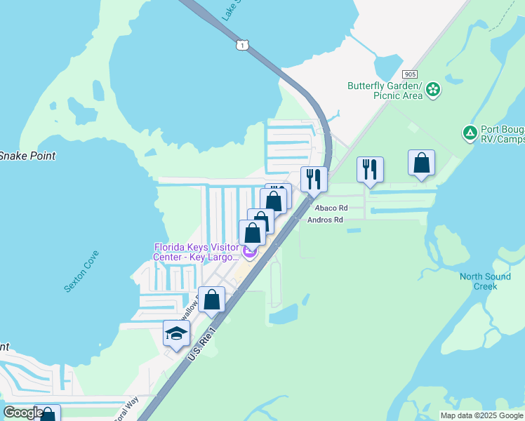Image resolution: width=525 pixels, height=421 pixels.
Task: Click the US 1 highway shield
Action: coord(242,45)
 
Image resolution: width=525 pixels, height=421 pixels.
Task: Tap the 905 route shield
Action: coord(411,74)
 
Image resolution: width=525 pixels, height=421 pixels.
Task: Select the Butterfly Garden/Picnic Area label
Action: coord(385,91)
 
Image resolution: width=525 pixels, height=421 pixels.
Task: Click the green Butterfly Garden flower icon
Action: coord(434,89)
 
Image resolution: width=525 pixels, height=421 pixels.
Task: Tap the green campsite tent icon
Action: coord(470,132)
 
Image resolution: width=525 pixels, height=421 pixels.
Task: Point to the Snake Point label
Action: coord(27,156)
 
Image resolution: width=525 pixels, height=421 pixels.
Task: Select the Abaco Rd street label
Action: coord(331,208)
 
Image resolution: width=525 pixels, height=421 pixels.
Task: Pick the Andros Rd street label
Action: coord(325,220)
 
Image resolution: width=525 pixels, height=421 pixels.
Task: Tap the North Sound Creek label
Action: coord(486,281)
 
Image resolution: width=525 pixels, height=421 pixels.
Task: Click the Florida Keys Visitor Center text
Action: coord(197,251)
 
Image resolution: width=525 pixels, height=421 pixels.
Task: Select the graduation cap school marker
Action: coord(176,333)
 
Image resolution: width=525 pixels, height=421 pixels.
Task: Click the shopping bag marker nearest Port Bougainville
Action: coord(421,163)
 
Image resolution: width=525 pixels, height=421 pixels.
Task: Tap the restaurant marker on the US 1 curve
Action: coord(314,179)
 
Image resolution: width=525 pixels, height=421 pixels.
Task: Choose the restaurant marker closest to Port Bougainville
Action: coord(370,169)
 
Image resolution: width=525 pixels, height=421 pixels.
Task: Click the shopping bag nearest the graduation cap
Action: coord(211,300)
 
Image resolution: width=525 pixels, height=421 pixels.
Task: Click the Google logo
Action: coord(24,412)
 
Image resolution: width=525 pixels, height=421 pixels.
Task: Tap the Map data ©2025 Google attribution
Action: coord(481,415)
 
